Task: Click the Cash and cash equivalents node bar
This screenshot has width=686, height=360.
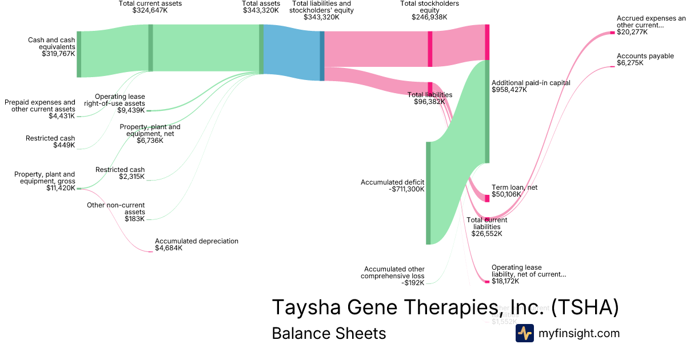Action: pos(79,54)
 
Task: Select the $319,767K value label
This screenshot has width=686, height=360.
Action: pos(58,54)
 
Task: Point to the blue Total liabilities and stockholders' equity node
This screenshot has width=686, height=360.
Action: pos(322,55)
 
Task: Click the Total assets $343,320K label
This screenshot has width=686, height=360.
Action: pos(261,7)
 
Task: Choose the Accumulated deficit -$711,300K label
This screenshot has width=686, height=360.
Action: pos(392,186)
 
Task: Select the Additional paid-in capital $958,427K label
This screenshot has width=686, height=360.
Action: pos(531,86)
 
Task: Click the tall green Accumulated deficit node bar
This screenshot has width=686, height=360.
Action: pos(428,193)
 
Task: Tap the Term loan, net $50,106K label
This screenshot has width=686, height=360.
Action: pos(514,191)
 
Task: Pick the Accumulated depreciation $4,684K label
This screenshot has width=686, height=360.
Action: pos(196,245)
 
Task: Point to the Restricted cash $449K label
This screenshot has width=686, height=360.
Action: pos(50,142)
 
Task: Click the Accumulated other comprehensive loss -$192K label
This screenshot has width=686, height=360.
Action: pos(394,276)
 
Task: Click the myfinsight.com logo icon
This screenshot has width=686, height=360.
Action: pos(524,333)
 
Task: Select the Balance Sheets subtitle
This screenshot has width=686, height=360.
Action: pos(329,333)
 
